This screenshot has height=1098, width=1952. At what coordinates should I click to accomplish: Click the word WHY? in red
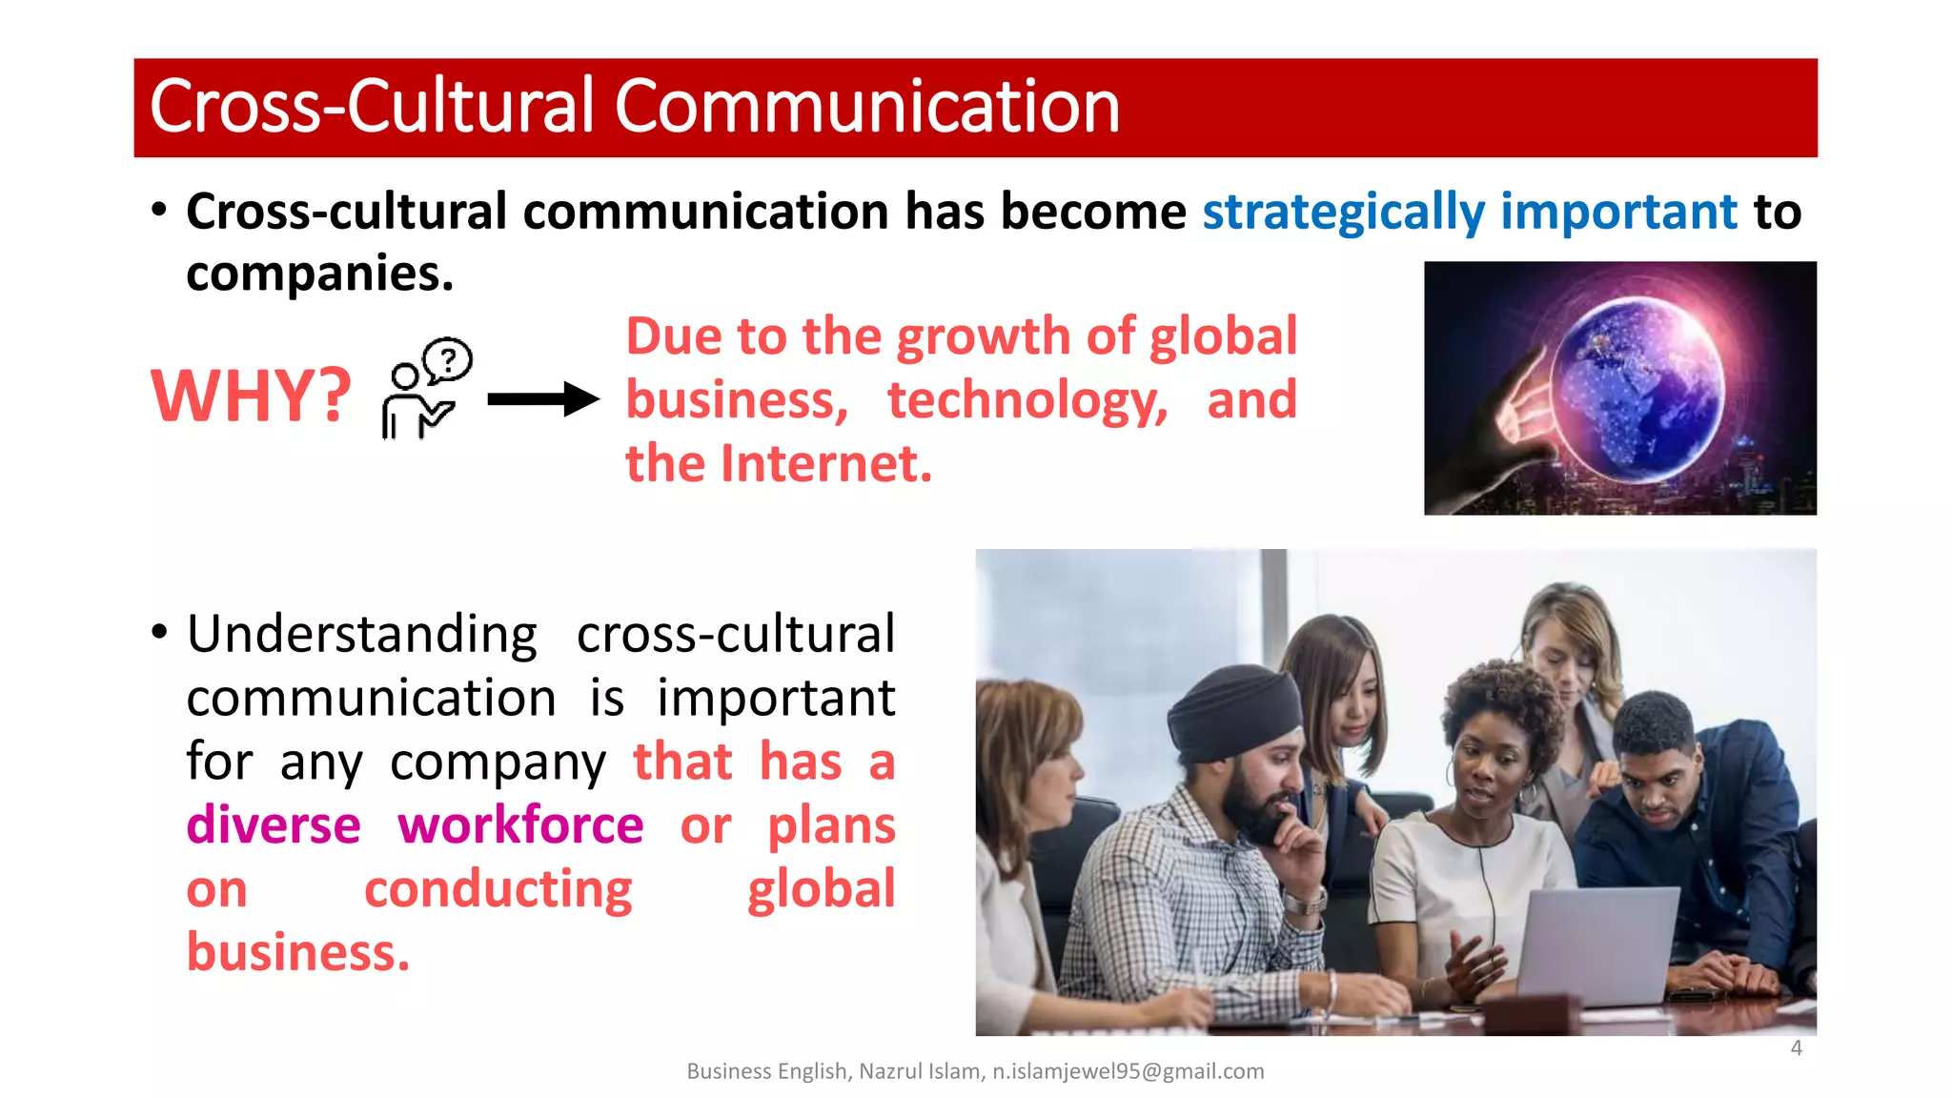point(251,396)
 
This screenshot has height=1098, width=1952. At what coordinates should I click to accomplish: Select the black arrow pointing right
point(542,399)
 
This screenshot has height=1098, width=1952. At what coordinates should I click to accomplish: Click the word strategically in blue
point(1343,212)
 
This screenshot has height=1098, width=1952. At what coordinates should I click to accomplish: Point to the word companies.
point(319,274)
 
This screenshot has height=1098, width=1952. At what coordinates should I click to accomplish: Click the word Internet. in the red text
point(826,464)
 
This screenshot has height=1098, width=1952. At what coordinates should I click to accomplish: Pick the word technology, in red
point(1027,400)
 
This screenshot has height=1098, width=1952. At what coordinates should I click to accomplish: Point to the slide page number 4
point(1796,1047)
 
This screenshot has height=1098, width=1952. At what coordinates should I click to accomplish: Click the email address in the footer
point(1128,1071)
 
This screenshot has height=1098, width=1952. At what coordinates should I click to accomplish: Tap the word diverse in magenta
point(274,825)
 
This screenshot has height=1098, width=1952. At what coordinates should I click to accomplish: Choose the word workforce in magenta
point(520,825)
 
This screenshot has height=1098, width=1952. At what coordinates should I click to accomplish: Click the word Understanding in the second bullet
point(362,635)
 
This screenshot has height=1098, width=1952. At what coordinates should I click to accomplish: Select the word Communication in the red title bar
point(866,107)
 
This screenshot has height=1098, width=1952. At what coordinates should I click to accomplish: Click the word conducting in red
point(498,889)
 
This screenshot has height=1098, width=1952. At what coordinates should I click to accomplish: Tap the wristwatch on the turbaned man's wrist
point(1304,900)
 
